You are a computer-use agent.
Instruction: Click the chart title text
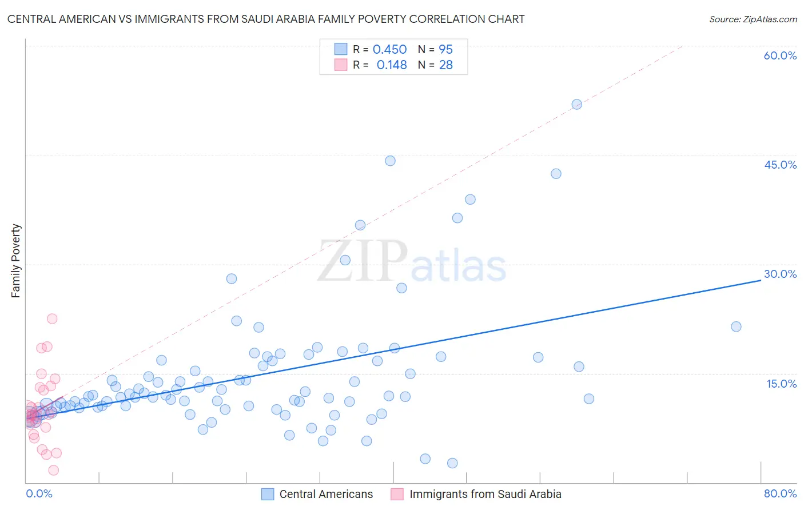pos(266,19)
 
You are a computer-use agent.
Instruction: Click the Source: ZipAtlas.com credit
pos(753,19)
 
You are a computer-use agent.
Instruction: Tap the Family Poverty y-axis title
pos(15,261)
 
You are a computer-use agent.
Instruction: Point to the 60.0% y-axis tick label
pos(780,55)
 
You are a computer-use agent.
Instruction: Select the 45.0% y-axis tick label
pos(780,165)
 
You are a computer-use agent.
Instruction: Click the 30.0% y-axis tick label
pos(780,274)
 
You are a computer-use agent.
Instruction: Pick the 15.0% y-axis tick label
pos(781,384)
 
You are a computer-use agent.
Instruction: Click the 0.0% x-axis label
pos(39,493)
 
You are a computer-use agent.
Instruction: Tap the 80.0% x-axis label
pos(780,493)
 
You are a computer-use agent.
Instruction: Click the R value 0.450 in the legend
pos(389,50)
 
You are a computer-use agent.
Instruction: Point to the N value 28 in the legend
pos(445,65)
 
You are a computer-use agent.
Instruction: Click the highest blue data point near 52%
pos(576,104)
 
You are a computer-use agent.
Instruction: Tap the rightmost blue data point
pos(736,326)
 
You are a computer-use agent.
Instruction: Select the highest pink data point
pos(52,318)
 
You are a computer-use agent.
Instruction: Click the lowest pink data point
pos(54,470)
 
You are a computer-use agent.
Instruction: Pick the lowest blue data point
pos(452,463)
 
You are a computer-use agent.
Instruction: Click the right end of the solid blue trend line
pos(761,280)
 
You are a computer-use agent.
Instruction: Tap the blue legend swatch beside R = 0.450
pos(341,49)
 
